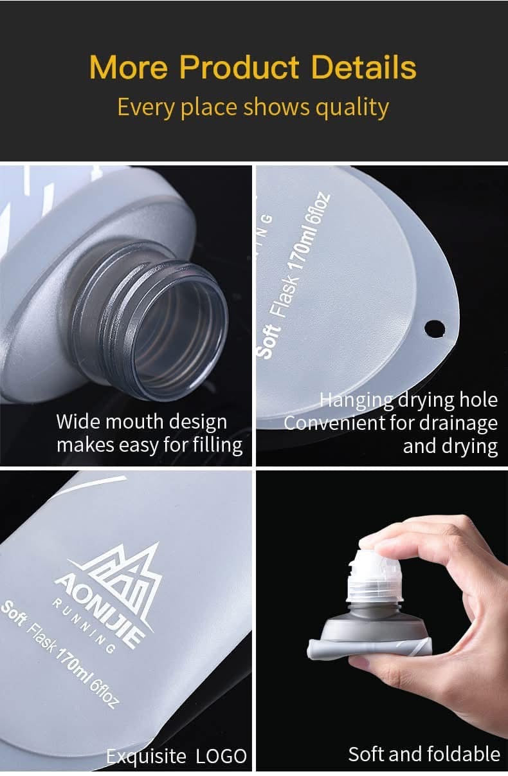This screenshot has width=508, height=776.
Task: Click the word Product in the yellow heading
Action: pos(239,67)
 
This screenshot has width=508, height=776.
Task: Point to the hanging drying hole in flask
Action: pos(435,328)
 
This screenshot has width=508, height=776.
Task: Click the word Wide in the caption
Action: pos(78,421)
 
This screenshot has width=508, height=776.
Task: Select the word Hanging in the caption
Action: pos(356,400)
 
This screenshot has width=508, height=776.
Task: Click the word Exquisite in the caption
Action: pos(145,756)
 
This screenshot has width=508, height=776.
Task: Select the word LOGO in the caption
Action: pos(221,756)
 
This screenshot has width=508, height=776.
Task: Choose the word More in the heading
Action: pos(129,67)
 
